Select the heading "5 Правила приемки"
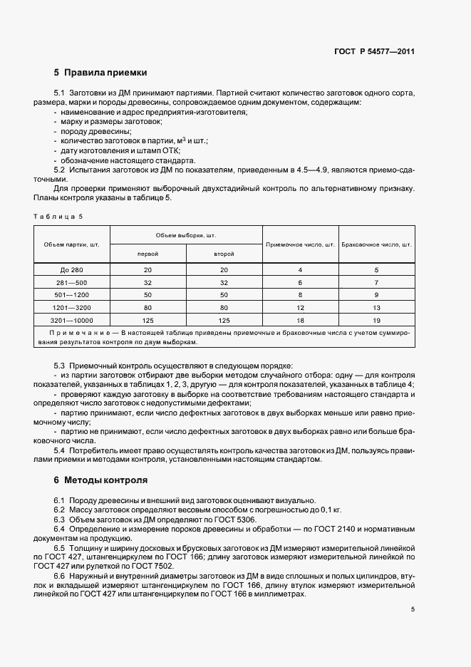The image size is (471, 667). click(100, 73)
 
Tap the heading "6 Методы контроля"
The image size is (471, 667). click(100, 480)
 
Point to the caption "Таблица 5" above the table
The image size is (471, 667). click(58, 216)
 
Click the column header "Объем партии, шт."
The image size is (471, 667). click(71, 244)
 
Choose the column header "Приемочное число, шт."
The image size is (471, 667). click(300, 244)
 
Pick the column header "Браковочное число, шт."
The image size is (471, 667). click(377, 244)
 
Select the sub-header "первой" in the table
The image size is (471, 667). click(147, 254)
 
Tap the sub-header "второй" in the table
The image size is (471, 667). click(224, 254)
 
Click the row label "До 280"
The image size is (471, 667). click(71, 270)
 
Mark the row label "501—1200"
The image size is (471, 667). click(71, 295)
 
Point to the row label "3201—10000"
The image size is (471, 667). click(71, 321)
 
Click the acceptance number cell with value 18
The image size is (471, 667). click(300, 321)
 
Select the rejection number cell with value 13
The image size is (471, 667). click(377, 308)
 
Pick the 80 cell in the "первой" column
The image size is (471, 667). click(147, 308)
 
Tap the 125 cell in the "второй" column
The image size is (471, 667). click(224, 321)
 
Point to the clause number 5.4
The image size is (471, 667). click(60, 450)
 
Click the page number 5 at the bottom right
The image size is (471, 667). click(413, 609)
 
